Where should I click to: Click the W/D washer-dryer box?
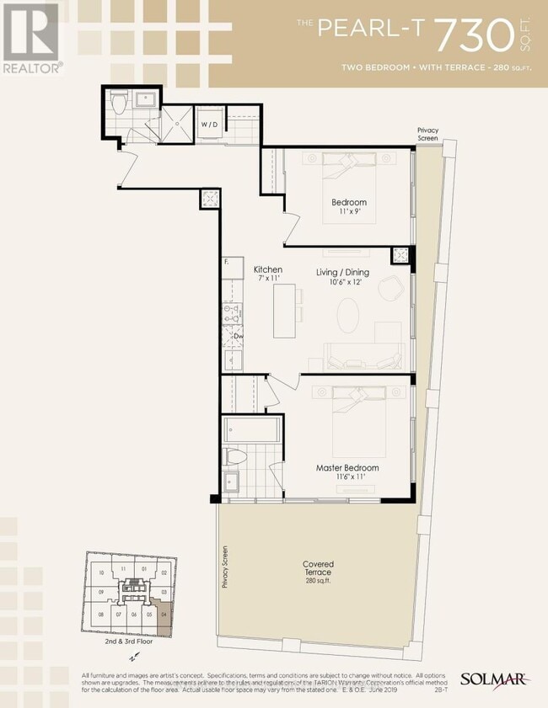(208, 125)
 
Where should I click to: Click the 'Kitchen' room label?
(267, 269)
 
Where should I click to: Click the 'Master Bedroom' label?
(347, 468)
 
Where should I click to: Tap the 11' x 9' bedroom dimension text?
(348, 214)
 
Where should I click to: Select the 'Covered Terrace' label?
(319, 564)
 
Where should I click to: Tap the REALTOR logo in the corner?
(31, 38)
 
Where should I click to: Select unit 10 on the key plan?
(100, 573)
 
